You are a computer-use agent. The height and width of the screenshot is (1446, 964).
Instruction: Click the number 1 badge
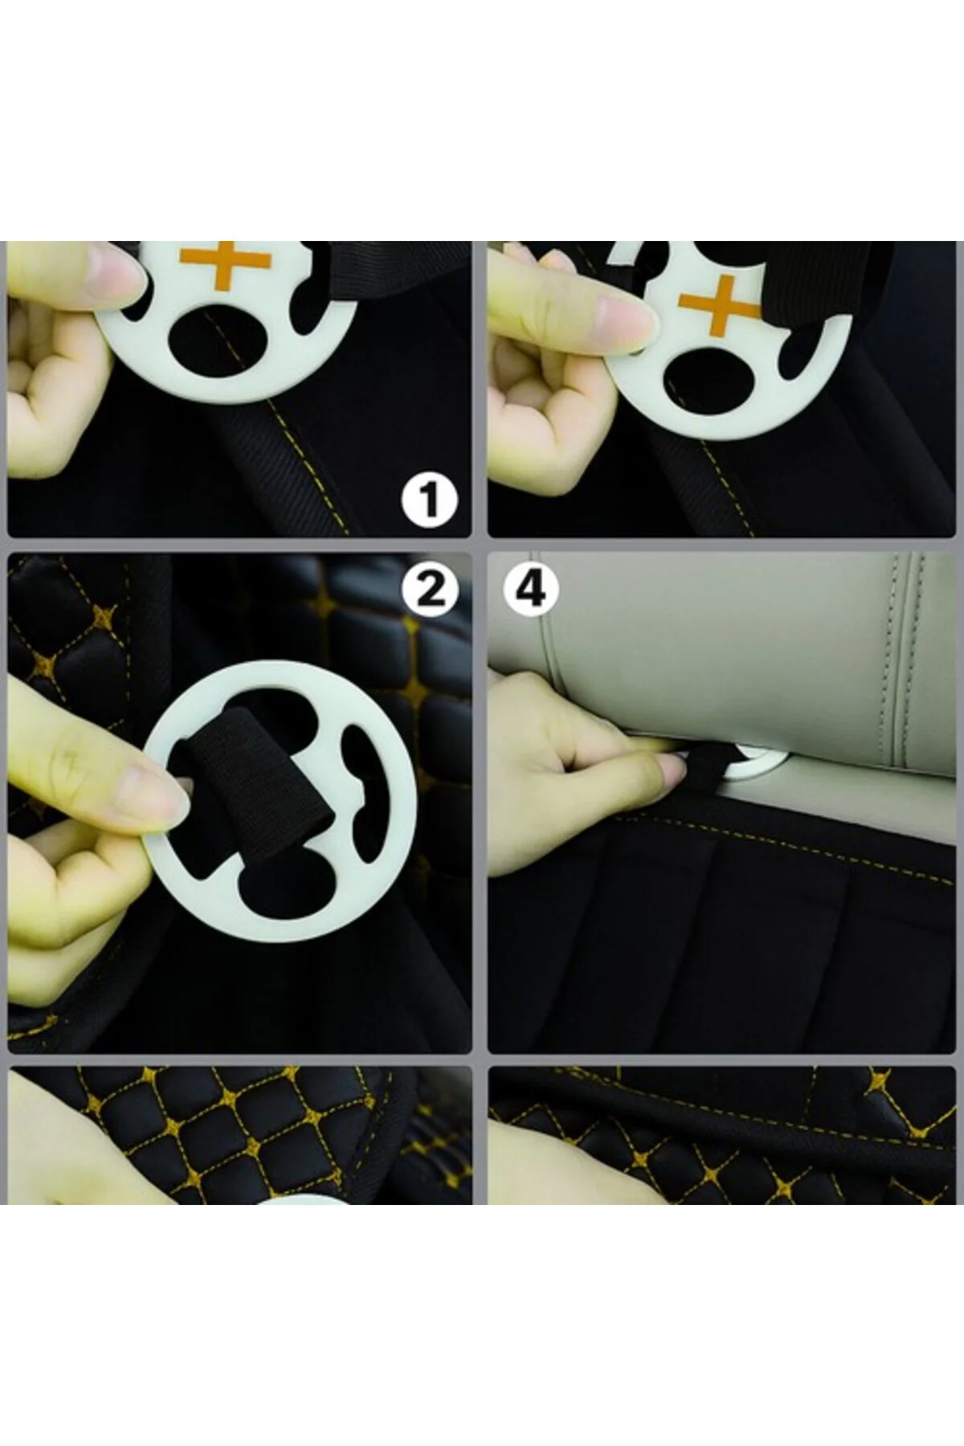tap(430, 499)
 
